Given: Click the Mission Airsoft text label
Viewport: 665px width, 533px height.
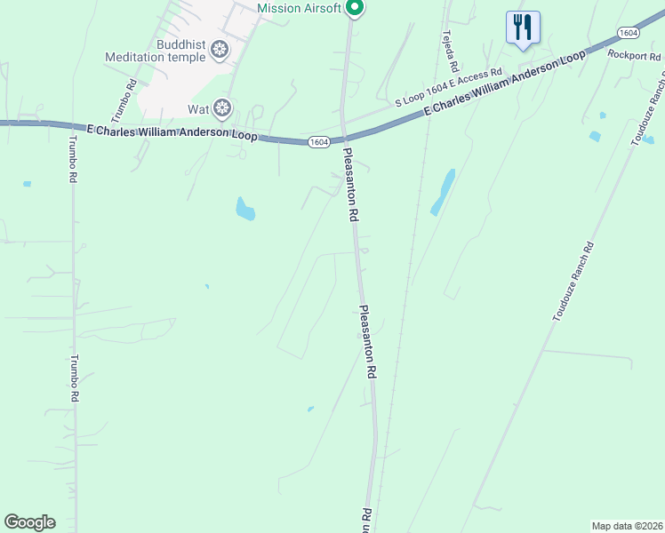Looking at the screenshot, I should pyautogui.click(x=298, y=8).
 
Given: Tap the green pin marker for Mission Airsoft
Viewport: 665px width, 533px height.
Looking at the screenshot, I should pyautogui.click(x=354, y=8).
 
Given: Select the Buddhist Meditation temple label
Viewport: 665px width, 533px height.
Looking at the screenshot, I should pyautogui.click(x=156, y=51).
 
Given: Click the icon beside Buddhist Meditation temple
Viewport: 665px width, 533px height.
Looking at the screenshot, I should pyautogui.click(x=220, y=51).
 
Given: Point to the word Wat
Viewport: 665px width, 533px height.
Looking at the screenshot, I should pyautogui.click(x=197, y=109).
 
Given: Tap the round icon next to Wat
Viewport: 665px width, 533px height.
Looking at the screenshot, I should pyautogui.click(x=222, y=108).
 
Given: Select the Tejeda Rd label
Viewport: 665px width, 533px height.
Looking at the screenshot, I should pyautogui.click(x=450, y=51).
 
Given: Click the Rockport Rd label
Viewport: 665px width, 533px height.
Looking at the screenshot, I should pyautogui.click(x=634, y=55).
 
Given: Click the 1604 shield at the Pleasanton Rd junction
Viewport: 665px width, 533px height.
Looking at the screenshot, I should pyautogui.click(x=320, y=142).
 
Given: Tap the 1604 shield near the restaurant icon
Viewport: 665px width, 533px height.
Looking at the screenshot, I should pyautogui.click(x=628, y=32).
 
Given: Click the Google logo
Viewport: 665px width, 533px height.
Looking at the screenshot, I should pyautogui.click(x=29, y=522).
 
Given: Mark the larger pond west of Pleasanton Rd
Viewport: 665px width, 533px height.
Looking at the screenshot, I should pyautogui.click(x=244, y=210).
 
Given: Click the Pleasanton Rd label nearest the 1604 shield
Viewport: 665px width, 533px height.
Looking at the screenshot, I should pyautogui.click(x=352, y=185).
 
